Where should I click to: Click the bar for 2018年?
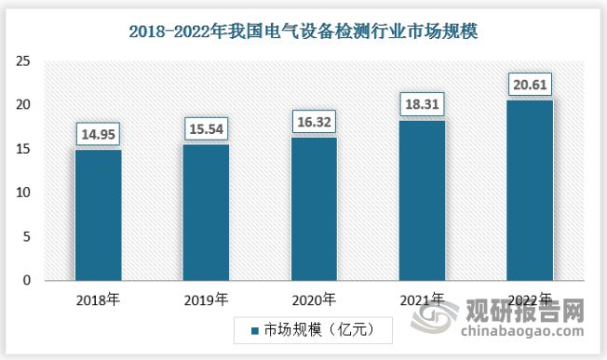tap(98, 215)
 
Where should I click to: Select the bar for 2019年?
tap(206, 212)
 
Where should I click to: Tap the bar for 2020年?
tap(314, 209)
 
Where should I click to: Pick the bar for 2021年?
tap(422, 200)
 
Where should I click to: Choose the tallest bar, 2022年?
tap(530, 190)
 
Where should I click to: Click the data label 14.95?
tap(98, 133)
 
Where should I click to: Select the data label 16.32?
tap(314, 121)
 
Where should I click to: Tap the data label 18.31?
tap(422, 103)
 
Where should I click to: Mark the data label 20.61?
tap(530, 84)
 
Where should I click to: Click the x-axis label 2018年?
tap(98, 300)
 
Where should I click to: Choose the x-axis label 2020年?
tap(314, 300)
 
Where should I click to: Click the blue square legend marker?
tap(253, 330)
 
